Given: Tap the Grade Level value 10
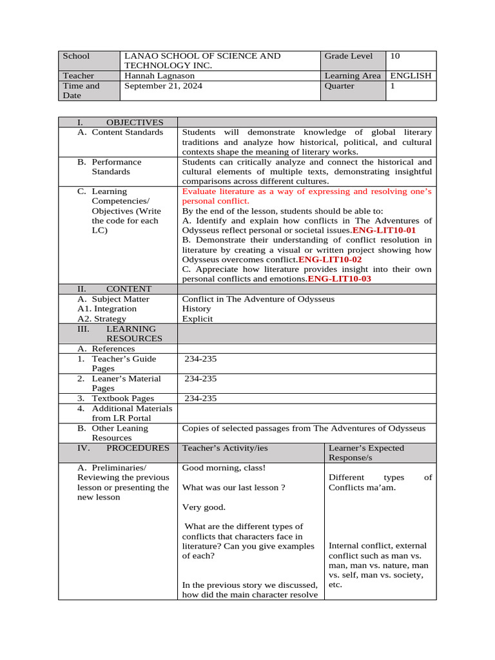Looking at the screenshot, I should pos(395,56).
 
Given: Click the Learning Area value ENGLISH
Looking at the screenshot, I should pos(411,76).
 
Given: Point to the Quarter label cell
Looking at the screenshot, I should pos(340,86).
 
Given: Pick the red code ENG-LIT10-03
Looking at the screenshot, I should pos(340,279).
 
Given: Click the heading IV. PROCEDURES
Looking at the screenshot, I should pos(123,448).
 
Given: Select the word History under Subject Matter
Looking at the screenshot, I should pos(196,309).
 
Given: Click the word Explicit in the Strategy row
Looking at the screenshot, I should pos(197,319).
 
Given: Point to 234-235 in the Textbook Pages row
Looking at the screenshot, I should pos(200,398).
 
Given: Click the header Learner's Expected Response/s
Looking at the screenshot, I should pos(366,452).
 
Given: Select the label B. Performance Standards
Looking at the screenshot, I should pos(110,167).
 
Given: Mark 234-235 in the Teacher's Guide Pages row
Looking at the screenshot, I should pos(200,359).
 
